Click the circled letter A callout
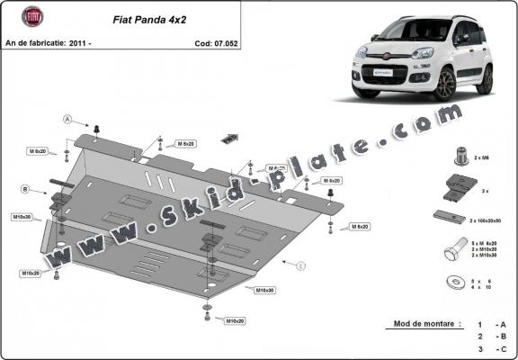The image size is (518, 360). [67, 118]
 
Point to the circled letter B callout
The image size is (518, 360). [26, 189]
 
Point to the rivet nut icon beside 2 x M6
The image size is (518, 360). [460, 156]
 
